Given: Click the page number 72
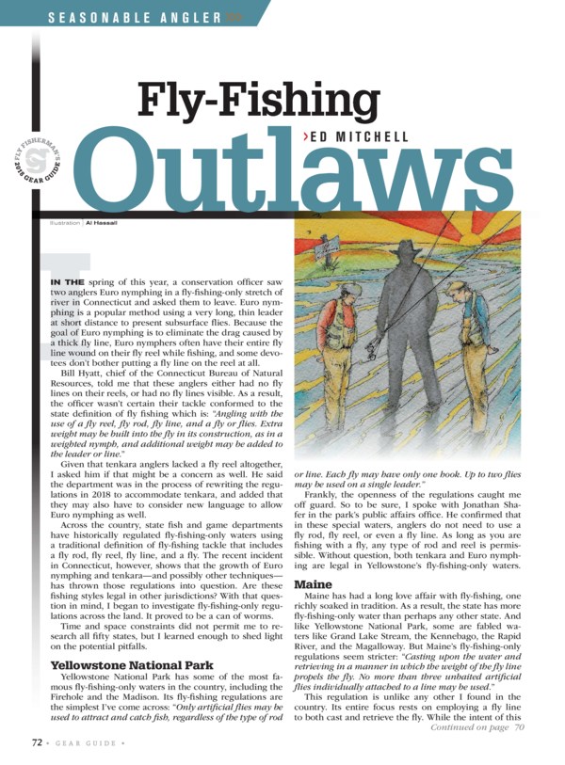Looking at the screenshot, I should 34,741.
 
